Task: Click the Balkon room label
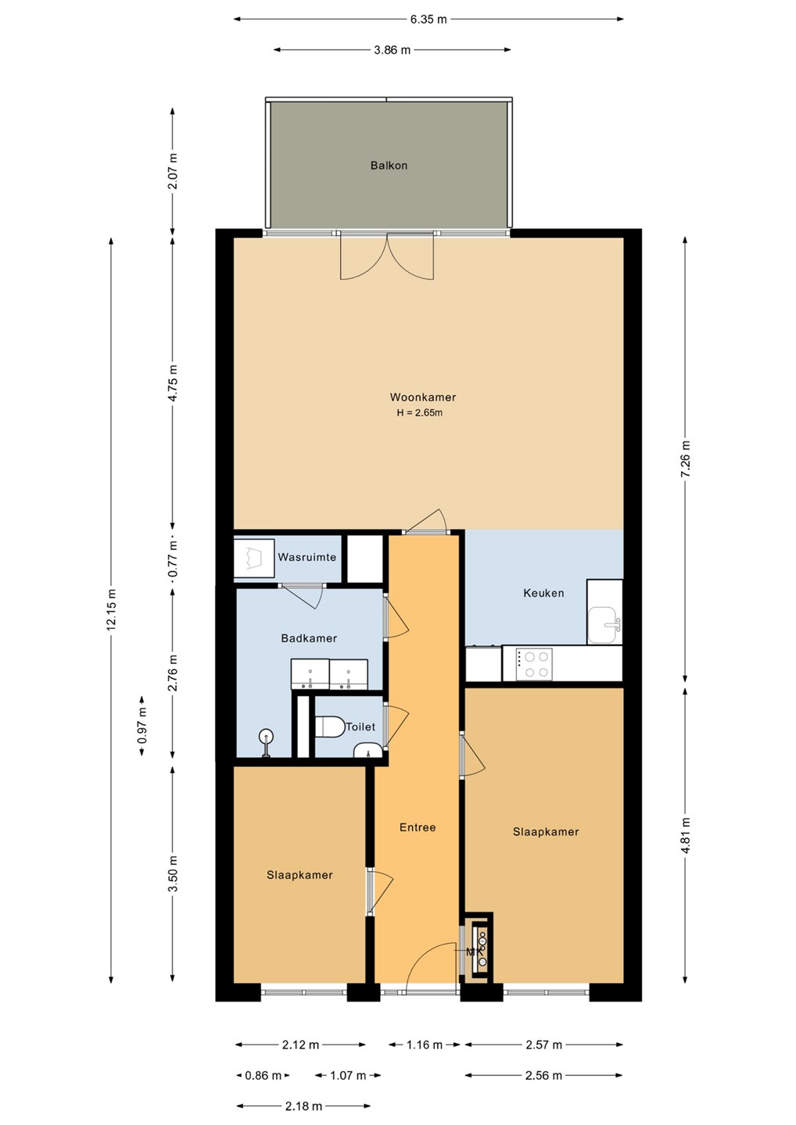click(389, 166)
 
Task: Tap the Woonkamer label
click(422, 397)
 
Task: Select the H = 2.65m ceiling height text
click(420, 413)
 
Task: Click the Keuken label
click(543, 593)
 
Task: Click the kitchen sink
click(604, 624)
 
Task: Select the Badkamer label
click(309, 638)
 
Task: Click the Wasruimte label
click(307, 557)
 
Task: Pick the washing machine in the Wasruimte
click(254, 558)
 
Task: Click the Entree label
click(417, 827)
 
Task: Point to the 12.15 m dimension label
click(111, 609)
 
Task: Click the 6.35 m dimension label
click(428, 20)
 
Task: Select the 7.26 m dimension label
click(686, 460)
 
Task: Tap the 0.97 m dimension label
click(142, 725)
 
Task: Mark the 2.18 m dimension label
click(303, 1106)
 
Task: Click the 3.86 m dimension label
click(392, 50)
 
